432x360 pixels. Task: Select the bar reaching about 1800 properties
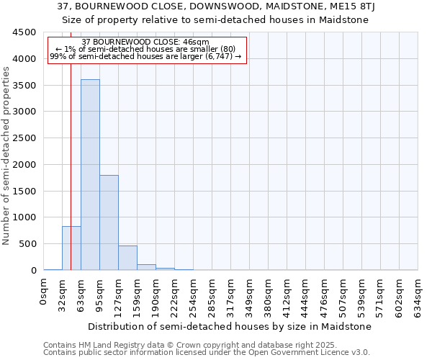coord(109,222)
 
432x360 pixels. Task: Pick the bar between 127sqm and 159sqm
coord(127,258)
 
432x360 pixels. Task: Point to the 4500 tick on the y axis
coord(25,32)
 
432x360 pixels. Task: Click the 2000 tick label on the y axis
coord(25,164)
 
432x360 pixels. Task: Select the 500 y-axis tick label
coord(28,244)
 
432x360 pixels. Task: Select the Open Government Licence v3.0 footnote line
coord(207,353)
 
